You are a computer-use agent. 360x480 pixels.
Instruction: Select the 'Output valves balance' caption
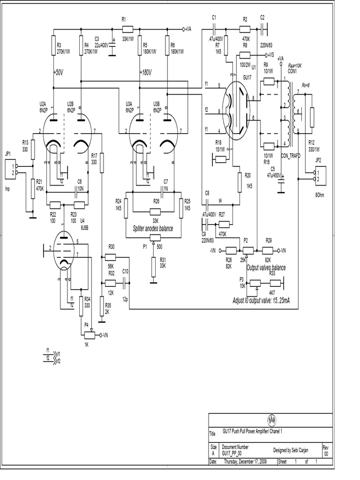tap(266, 267)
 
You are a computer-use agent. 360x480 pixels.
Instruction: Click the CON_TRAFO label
tap(291, 155)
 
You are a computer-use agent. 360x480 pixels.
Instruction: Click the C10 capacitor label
tap(125, 271)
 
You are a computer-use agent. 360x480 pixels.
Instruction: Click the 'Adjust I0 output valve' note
tap(260, 300)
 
